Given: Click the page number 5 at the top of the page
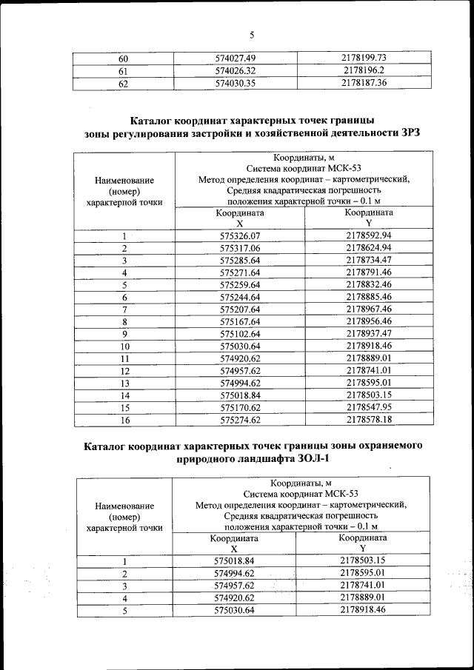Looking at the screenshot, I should click(x=251, y=34).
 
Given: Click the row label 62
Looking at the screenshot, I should click(x=124, y=84).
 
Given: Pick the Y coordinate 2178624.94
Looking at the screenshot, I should click(x=369, y=248).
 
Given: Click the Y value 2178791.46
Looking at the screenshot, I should click(x=369, y=272).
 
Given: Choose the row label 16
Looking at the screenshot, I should click(x=124, y=420).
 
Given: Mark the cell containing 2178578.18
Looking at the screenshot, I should click(x=369, y=420).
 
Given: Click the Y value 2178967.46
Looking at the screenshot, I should click(x=369, y=309).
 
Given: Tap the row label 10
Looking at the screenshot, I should click(x=124, y=346).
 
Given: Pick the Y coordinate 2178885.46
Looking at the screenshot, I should click(x=369, y=297).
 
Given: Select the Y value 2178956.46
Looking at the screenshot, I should click(x=369, y=322).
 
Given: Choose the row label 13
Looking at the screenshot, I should click(x=124, y=383).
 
